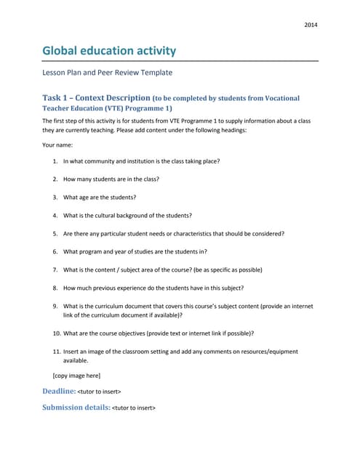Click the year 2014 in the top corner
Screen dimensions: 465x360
(x=311, y=25)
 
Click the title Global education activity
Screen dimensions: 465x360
(x=109, y=51)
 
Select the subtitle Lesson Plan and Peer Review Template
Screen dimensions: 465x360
(x=108, y=73)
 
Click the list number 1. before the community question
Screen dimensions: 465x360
(x=55, y=161)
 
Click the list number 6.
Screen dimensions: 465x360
(x=55, y=251)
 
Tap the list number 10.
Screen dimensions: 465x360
(x=56, y=333)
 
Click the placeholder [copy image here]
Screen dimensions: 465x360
(x=76, y=375)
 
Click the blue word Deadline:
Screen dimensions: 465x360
(x=59, y=391)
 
